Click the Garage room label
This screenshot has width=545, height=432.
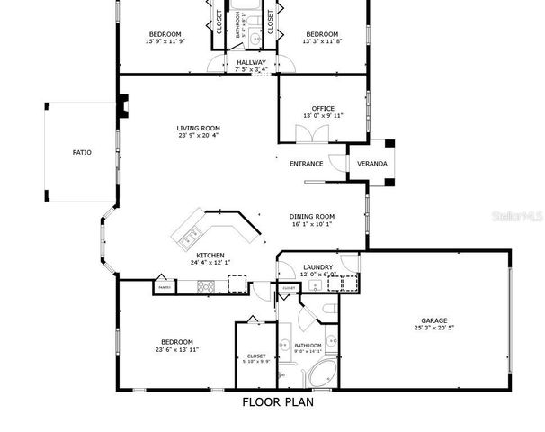click(433, 319)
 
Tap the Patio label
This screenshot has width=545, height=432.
click(82, 152)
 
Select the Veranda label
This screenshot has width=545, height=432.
click(372, 164)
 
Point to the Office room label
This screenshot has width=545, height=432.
click(323, 109)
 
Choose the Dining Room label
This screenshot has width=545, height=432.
click(312, 216)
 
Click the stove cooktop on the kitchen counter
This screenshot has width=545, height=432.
click(205, 287)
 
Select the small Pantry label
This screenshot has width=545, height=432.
click(164, 287)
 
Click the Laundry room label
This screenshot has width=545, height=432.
click(318, 266)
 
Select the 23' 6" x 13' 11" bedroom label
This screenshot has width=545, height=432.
click(177, 348)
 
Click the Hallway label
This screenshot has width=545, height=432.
click(251, 62)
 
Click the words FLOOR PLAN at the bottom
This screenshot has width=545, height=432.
click(278, 402)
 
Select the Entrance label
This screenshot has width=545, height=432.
click(306, 164)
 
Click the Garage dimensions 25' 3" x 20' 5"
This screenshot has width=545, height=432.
click(433, 328)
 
